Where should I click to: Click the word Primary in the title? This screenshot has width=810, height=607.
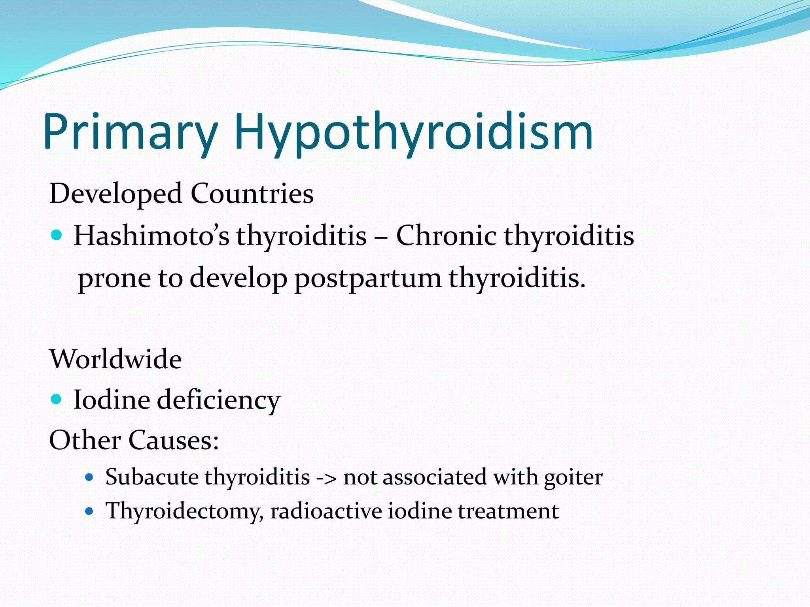pos(131,132)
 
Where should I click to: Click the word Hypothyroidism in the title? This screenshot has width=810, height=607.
pos(413,132)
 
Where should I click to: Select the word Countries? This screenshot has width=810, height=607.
pos(252,194)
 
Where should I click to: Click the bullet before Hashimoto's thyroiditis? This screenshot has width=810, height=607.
pos(57,236)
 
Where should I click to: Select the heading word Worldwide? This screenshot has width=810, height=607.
pos(115,359)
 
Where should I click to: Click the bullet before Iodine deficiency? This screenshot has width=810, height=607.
pos(57,399)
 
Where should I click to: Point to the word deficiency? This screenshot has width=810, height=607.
pos(219,400)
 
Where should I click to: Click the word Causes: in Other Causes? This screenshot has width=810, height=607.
pos(174,440)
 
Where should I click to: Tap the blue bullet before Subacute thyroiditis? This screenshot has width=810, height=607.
pos(89,477)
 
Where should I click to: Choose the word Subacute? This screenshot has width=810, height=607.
pos(151,477)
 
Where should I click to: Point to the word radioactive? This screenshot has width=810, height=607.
pos(326,511)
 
